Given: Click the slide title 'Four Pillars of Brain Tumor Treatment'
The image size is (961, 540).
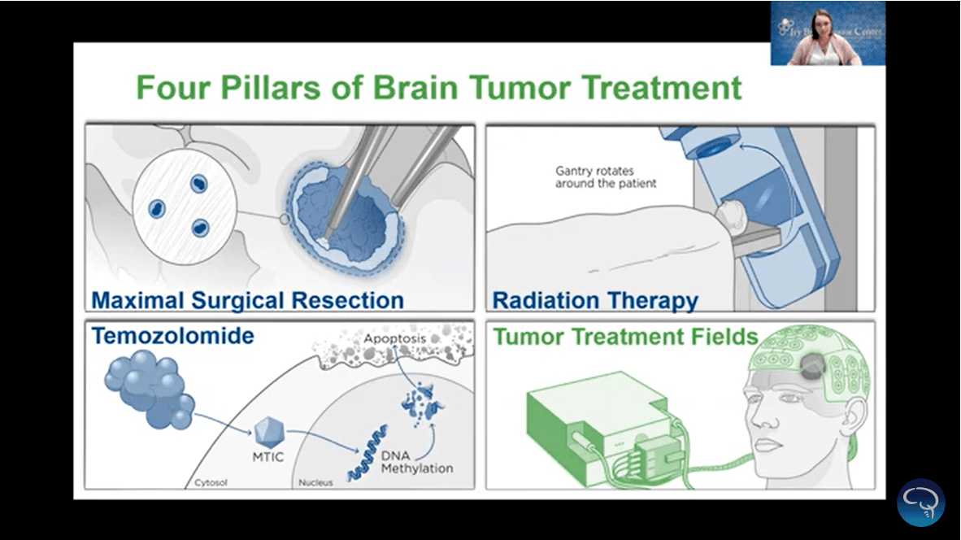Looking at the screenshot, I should click(438, 87).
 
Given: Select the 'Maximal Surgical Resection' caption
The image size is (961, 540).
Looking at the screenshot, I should click(247, 300).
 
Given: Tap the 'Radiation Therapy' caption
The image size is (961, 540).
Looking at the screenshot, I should click(595, 300).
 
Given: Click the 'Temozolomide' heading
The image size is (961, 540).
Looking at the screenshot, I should click(172, 336).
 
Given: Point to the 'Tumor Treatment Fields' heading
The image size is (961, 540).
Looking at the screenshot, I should click(625, 336).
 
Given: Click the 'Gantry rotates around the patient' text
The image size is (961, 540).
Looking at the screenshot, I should click(606, 177).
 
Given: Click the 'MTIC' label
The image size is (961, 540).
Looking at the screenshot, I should click(267, 457).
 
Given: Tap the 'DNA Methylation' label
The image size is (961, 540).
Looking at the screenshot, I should click(416, 462).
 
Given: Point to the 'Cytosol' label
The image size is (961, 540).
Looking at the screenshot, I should click(211, 482).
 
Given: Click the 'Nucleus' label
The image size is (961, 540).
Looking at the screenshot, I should click(315, 482).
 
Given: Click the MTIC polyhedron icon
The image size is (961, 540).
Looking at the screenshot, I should click(267, 431).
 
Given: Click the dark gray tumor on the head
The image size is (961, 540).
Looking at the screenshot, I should click(812, 368).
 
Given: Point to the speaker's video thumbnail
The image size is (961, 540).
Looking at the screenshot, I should click(828, 33).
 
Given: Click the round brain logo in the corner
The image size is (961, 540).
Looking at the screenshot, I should click(920, 502).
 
